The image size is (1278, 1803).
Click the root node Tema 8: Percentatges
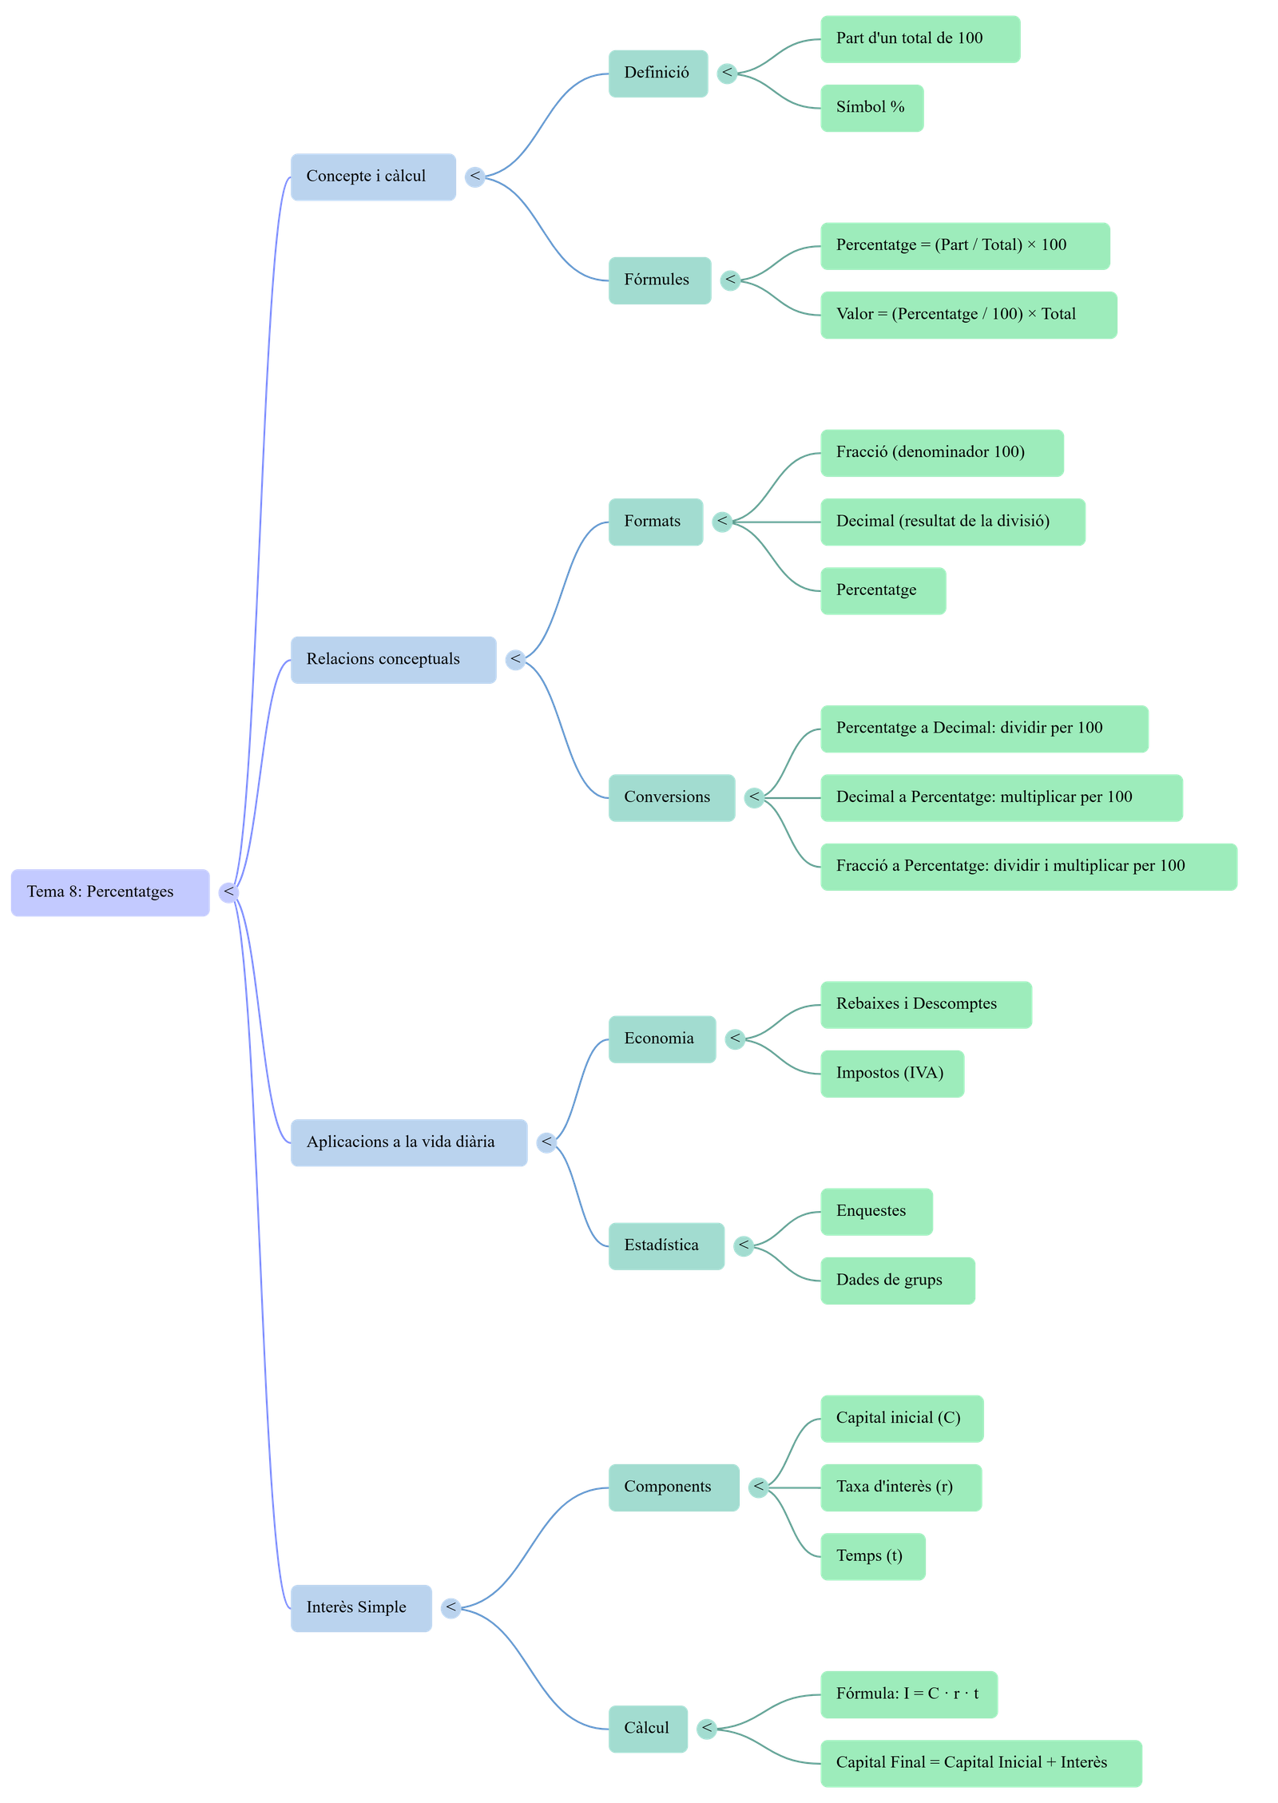[110, 892]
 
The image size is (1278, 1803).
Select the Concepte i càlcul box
[373, 177]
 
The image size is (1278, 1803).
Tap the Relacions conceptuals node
[393, 659]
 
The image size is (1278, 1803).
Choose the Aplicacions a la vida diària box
[408, 1142]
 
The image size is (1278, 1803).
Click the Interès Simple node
[361, 1607]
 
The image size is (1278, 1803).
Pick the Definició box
[657, 73]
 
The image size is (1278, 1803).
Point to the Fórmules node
[659, 280]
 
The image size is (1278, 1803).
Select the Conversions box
[671, 797]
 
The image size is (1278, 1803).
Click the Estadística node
[666, 1245]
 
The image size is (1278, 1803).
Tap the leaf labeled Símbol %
[871, 108]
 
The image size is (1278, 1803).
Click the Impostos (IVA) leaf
[891, 1073]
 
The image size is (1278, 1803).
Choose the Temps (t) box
[872, 1556]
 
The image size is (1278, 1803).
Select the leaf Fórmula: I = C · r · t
[908, 1694]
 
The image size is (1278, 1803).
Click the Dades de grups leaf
[897, 1280]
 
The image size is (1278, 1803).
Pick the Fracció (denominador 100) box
[941, 453]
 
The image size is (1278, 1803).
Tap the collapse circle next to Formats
[722, 522]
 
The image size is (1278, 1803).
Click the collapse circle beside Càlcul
[706, 1728]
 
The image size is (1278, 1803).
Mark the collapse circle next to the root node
[229, 892]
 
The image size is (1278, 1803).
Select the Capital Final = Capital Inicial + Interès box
[980, 1762]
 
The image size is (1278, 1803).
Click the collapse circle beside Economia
[735, 1039]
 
